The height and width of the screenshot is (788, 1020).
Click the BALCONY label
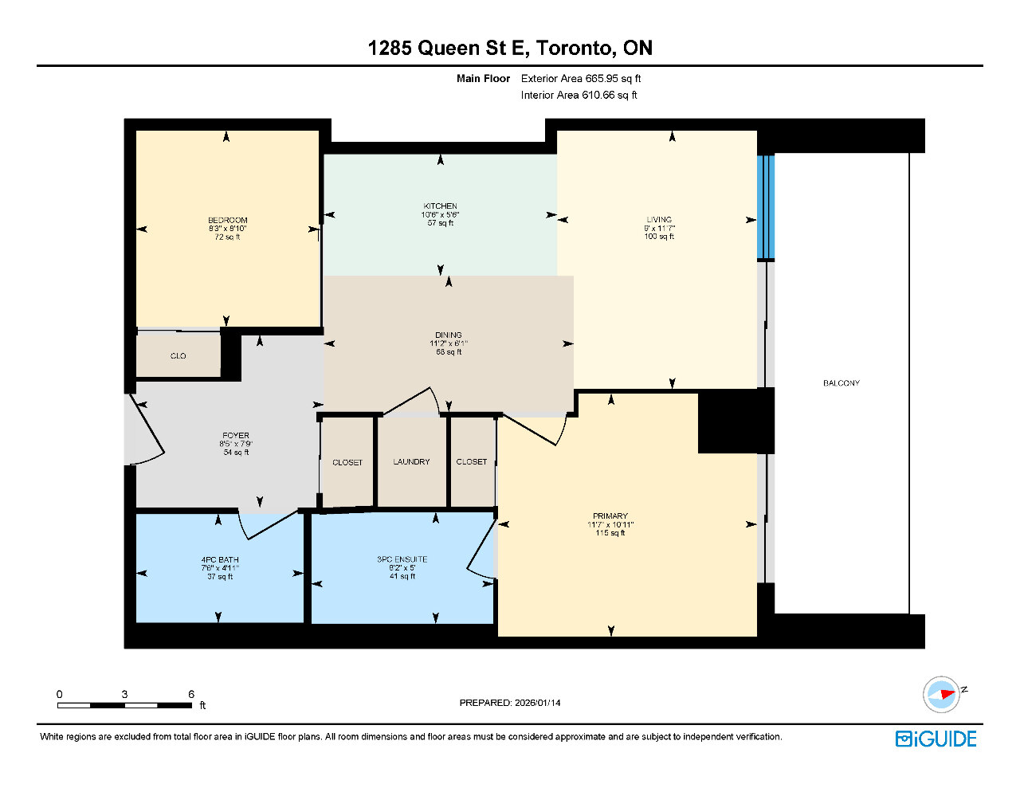(x=841, y=383)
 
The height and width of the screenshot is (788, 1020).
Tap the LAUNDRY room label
(x=411, y=462)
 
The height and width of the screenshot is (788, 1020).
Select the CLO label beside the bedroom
(x=178, y=355)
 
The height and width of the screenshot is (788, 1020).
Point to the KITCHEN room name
(x=440, y=206)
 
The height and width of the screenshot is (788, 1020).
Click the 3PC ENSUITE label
(x=402, y=559)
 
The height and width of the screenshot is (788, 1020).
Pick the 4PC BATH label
(x=220, y=560)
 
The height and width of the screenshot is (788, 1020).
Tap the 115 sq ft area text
(x=610, y=533)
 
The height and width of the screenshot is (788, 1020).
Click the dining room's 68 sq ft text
(x=449, y=352)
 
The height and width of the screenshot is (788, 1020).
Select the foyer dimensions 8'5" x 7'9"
(x=236, y=444)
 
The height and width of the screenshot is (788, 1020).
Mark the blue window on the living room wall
(x=766, y=207)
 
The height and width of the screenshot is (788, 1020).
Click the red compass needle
(x=947, y=694)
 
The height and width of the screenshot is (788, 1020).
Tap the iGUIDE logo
(x=936, y=739)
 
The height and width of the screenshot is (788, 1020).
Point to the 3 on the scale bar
(x=124, y=694)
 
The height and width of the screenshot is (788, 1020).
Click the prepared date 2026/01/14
(x=537, y=703)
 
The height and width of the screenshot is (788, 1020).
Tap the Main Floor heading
(x=483, y=78)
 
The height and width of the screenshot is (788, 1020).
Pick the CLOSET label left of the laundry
(x=347, y=463)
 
